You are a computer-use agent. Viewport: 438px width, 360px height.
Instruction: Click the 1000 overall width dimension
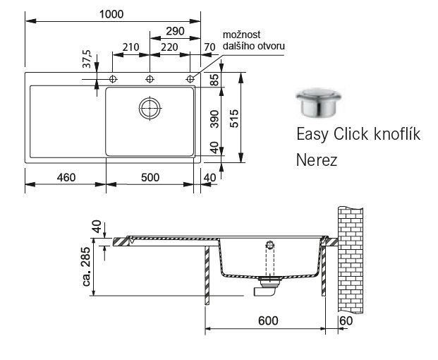[111, 14]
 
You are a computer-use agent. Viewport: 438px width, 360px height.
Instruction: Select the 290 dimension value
[175, 31]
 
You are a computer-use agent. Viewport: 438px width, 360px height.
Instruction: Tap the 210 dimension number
[130, 47]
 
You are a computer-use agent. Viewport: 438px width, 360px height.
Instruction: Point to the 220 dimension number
[169, 47]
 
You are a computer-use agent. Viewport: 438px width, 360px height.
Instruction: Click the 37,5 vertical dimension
[87, 59]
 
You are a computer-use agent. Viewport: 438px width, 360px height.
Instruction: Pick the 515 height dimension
[234, 119]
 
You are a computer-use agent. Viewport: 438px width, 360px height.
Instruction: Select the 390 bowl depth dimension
[214, 119]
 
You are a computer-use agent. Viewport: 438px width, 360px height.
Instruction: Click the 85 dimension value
[214, 80]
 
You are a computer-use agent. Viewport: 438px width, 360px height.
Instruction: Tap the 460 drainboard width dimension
[66, 177]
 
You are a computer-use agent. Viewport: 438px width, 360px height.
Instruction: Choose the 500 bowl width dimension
[150, 177]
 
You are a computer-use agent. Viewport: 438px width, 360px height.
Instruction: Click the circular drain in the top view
[150, 108]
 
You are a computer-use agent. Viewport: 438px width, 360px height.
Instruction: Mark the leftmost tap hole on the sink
[113, 79]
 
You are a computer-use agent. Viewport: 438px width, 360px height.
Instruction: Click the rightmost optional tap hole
[190, 79]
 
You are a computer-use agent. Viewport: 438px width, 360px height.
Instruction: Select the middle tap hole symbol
[150, 79]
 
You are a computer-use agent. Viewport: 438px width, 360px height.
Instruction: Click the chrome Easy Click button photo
[319, 102]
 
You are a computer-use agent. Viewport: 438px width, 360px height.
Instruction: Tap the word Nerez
[317, 160]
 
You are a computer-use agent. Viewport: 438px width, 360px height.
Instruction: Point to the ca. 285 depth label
[87, 267]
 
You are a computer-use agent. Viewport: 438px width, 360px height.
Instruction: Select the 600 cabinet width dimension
[268, 320]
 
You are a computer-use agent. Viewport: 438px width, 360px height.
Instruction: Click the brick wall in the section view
[351, 260]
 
